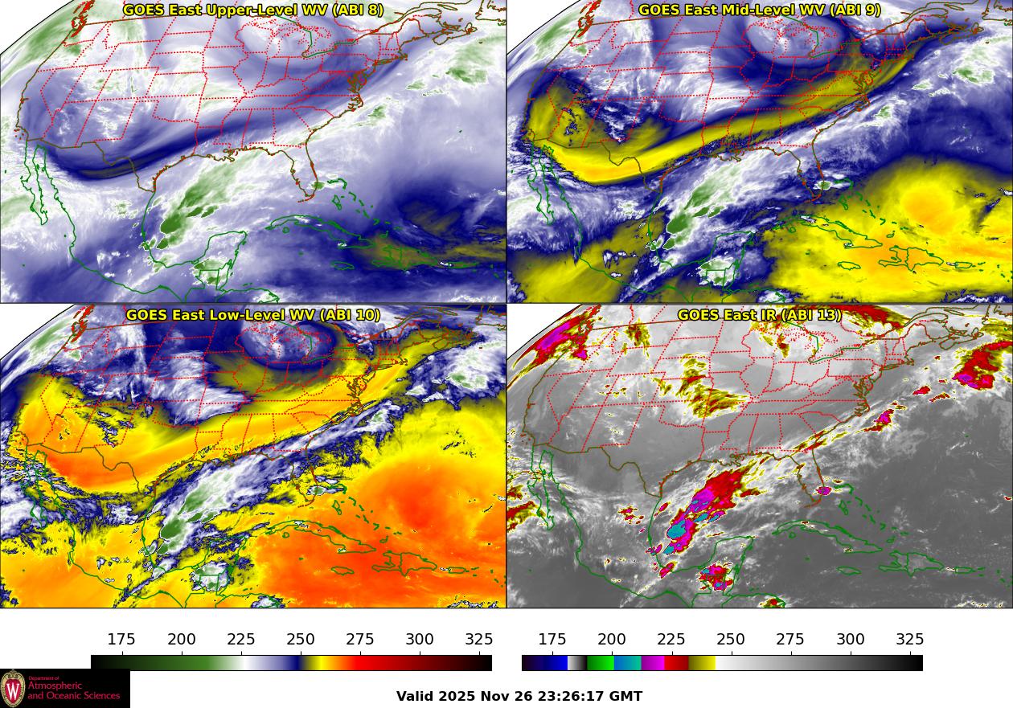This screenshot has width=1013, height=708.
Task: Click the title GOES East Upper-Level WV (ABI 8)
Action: tap(253, 10)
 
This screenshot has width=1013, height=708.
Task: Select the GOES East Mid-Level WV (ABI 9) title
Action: tap(760, 10)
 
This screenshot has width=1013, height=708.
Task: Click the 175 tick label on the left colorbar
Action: tap(121, 639)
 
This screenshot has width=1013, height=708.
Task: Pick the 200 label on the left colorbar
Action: tap(182, 639)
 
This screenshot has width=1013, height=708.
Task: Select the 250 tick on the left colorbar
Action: tap(301, 639)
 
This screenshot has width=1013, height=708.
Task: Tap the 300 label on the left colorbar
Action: tap(420, 639)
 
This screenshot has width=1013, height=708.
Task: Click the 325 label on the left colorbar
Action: tap(479, 639)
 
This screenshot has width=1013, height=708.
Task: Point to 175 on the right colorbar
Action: tap(552, 639)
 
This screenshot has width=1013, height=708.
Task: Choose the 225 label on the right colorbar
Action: tap(671, 639)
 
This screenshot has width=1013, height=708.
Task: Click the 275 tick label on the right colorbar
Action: tap(790, 639)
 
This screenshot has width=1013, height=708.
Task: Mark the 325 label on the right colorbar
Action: tap(909, 639)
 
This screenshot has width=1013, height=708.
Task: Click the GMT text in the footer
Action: tap(626, 696)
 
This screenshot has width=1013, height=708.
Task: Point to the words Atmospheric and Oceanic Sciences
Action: tap(73, 690)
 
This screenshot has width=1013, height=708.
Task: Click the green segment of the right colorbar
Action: tap(601, 663)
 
